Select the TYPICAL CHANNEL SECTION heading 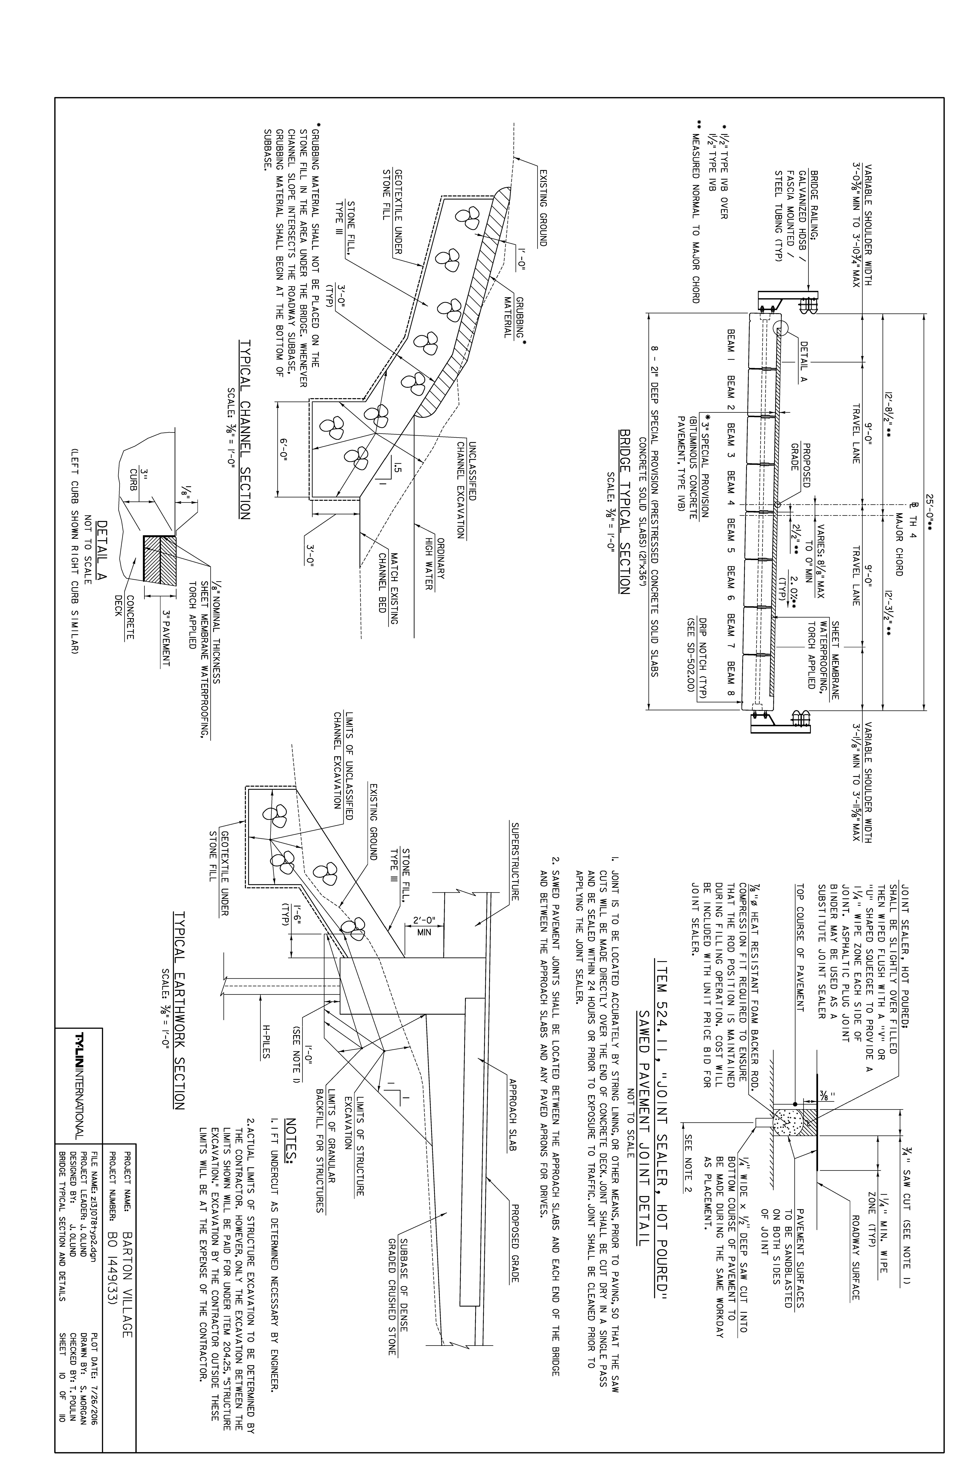point(245,429)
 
